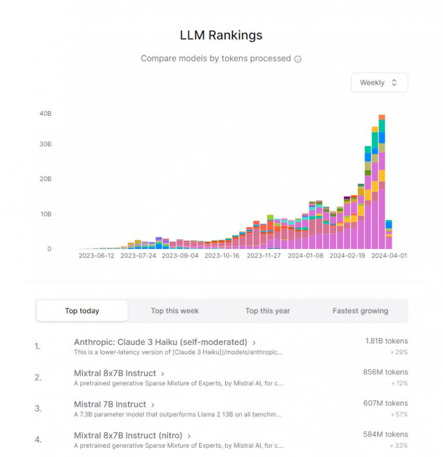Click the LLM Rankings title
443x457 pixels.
(221, 35)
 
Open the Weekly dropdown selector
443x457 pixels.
(379, 82)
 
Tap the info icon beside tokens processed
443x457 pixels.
(298, 59)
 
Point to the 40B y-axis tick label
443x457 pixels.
(45, 114)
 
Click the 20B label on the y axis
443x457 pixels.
(45, 179)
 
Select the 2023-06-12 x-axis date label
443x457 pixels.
(96, 256)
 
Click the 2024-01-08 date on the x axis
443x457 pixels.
(305, 256)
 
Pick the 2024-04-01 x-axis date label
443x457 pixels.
(389, 256)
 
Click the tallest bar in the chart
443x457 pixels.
(382, 182)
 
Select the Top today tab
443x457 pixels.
(82, 311)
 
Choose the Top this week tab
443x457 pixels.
(175, 311)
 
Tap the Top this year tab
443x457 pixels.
(267, 311)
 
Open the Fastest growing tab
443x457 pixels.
(360, 311)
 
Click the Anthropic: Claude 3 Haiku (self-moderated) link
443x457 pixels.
(161, 342)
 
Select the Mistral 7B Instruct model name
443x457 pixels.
(109, 404)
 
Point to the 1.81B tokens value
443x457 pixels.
(386, 341)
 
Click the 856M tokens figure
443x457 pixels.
(385, 372)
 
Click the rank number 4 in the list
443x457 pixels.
(38, 439)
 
